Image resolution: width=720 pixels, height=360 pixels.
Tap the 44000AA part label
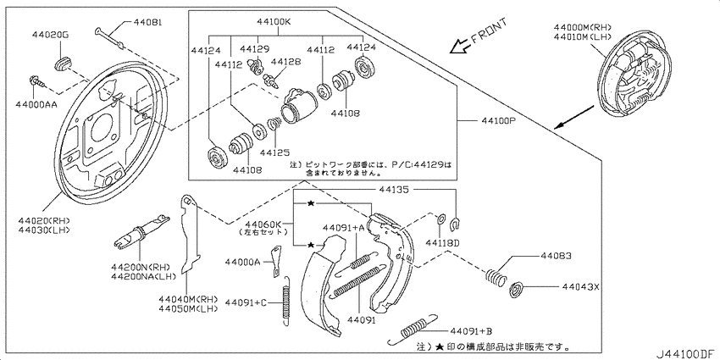point(36,104)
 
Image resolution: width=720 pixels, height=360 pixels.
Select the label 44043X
point(579,287)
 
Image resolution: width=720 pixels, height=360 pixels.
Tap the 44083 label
point(556,255)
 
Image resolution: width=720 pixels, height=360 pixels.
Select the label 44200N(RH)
point(140,267)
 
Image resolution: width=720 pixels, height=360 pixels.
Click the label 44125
point(276,152)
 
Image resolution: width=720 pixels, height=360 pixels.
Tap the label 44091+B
point(472,330)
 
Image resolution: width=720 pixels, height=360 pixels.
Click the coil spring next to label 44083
point(496,275)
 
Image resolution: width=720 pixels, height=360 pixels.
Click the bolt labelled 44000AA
point(36,82)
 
